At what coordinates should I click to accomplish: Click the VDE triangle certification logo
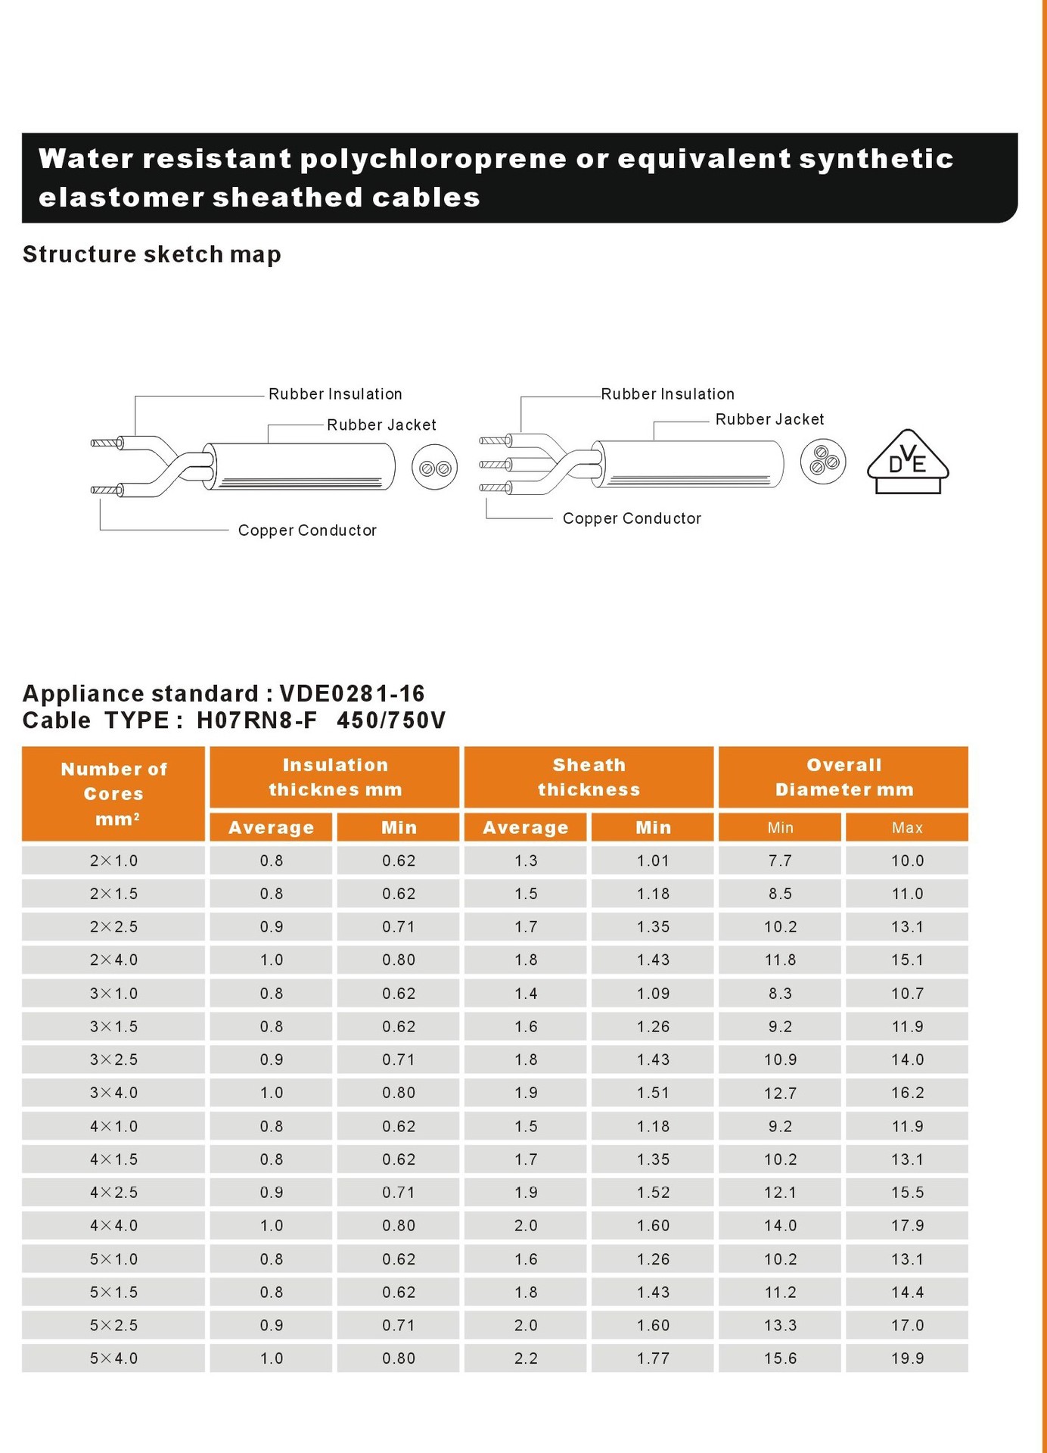(907, 462)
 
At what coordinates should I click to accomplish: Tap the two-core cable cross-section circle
(435, 468)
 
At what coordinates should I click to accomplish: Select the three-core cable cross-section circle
(823, 461)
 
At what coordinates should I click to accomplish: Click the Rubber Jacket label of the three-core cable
(769, 419)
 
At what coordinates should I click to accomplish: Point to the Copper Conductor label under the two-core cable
(307, 530)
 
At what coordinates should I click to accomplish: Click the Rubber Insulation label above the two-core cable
(335, 394)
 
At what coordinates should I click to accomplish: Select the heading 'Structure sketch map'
(152, 254)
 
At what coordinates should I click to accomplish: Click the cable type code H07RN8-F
(257, 720)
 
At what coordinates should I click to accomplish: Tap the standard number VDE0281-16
(352, 693)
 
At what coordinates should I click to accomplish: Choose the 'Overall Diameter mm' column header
(844, 777)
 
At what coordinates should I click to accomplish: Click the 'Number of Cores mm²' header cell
(113, 794)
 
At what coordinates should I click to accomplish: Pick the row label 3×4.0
(113, 1093)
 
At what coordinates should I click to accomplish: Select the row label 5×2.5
(113, 1325)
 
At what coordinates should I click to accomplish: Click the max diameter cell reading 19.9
(907, 1358)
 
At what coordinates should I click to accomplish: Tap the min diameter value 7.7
(780, 860)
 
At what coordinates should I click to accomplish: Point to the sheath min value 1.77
(653, 1358)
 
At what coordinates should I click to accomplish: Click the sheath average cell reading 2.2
(526, 1358)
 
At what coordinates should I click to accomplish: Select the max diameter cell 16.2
(907, 1093)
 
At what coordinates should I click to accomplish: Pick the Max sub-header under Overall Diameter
(907, 828)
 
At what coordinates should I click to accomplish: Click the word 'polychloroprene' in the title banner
(433, 159)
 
